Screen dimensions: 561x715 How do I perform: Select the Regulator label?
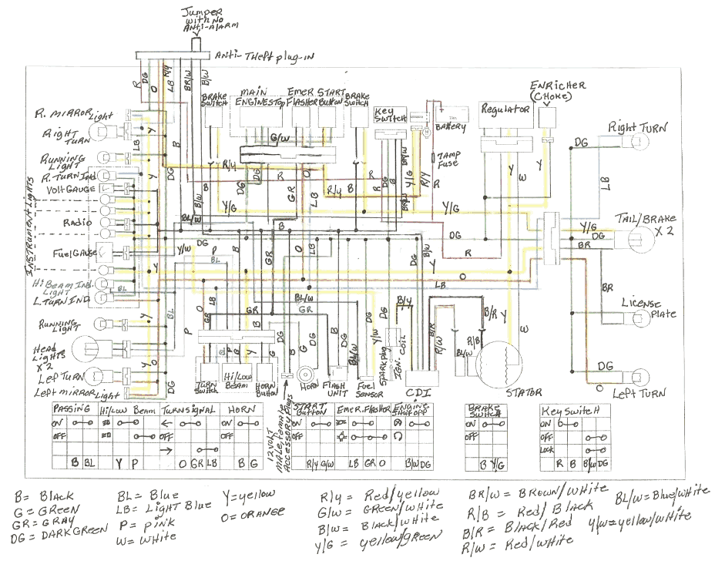point(505,110)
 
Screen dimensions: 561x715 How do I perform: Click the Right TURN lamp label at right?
point(639,126)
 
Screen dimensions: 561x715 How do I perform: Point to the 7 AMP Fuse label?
point(448,157)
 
